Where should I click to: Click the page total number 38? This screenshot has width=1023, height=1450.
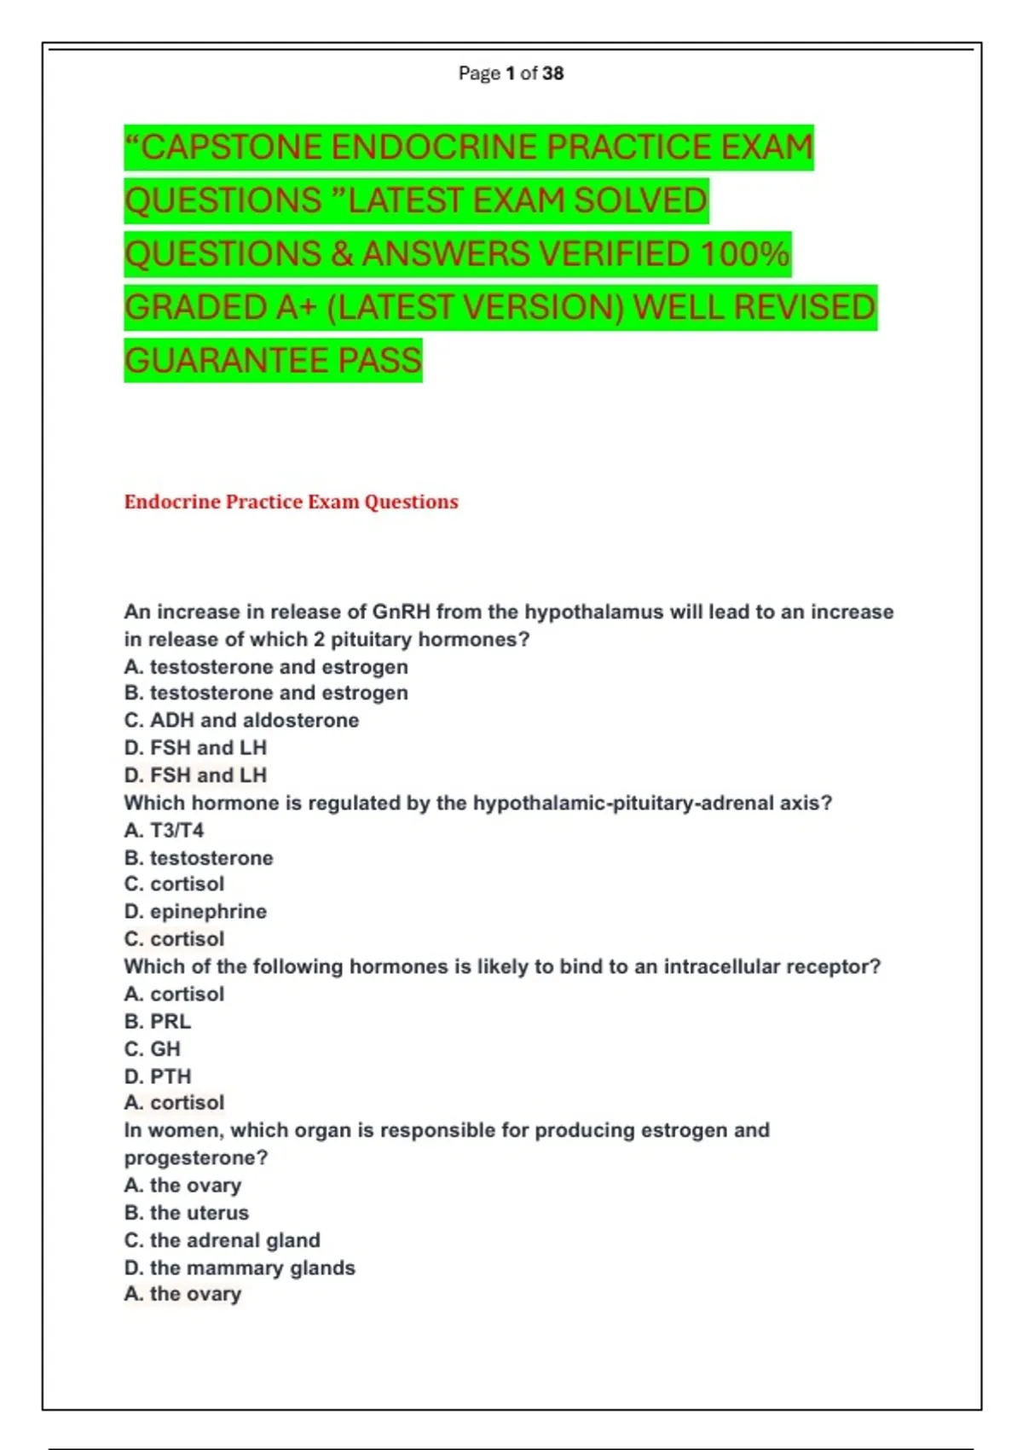552,73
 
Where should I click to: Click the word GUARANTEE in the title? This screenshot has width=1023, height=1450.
226,361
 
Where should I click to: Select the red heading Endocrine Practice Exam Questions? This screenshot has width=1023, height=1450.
291,502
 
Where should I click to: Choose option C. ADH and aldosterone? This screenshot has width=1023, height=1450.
241,720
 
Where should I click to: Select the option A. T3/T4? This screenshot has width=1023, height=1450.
164,830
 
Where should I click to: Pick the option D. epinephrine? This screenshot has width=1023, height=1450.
195,911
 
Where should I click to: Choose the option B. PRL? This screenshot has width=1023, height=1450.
158,1021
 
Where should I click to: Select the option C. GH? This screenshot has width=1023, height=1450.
153,1048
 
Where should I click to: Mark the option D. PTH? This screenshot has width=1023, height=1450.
158,1076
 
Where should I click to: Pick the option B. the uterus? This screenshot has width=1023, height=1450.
187,1212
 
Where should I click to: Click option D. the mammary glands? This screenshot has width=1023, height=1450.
240,1267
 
